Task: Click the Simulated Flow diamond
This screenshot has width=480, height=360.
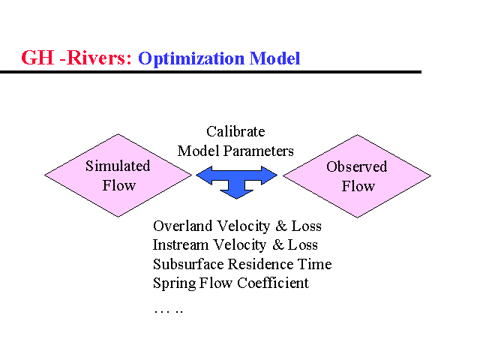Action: [118, 175]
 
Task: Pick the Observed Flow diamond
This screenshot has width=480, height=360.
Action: [357, 176]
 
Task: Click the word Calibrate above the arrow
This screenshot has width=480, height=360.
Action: [235, 132]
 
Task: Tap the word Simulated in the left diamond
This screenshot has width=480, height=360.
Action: [118, 166]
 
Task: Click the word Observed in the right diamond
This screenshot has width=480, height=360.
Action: [357, 166]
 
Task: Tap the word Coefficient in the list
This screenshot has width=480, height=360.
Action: [273, 283]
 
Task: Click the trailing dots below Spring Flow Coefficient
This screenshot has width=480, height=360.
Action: [168, 309]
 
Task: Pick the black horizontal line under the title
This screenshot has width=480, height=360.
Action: [210, 72]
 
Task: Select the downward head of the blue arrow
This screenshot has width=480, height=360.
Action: [237, 192]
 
